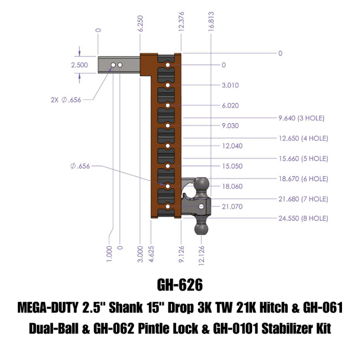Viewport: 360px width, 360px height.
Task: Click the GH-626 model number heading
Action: pos(180,284)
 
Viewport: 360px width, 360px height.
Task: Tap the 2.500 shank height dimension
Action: pos(79,65)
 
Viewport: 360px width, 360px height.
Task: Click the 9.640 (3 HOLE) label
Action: pos(301,118)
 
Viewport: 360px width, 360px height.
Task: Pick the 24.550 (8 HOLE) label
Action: pos(303,218)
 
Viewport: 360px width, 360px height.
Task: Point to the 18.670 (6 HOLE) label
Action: pos(303,178)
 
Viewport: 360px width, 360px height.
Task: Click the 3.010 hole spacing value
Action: pos(230,85)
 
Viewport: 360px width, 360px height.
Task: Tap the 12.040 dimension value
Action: pos(231,145)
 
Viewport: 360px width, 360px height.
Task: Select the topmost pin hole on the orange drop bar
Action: pos(168,65)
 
